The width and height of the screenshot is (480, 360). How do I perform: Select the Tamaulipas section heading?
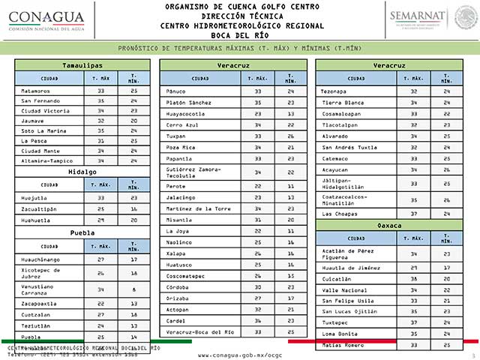(x=82, y=65)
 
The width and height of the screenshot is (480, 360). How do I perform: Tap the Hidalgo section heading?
(x=82, y=172)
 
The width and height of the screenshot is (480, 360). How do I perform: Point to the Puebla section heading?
(x=82, y=232)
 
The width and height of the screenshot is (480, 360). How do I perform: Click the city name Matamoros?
(x=36, y=91)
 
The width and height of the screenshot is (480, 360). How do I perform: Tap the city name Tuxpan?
(x=178, y=136)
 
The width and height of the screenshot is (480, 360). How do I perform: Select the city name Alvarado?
(x=335, y=136)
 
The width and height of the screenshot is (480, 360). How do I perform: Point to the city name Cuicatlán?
(x=337, y=277)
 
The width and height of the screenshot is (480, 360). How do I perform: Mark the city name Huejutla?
(x=34, y=197)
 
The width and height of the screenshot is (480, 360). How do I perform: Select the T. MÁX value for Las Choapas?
(x=413, y=214)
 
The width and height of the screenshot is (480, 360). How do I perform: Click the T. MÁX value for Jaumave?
(x=100, y=119)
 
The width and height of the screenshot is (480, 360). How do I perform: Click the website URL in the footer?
(x=240, y=354)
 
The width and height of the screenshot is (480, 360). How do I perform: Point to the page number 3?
(x=472, y=354)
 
